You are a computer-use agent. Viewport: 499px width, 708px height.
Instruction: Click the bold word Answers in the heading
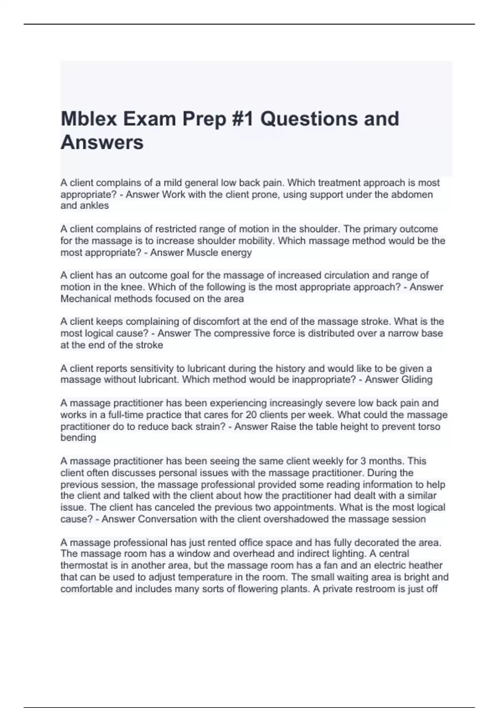102,142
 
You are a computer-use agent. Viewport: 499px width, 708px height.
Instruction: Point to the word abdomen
412,194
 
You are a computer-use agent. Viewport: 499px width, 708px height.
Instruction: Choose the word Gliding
416,379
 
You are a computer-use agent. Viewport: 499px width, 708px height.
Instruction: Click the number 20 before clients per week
251,415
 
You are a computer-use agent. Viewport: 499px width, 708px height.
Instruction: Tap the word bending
78,438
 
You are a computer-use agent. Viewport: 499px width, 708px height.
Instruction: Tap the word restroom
378,589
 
